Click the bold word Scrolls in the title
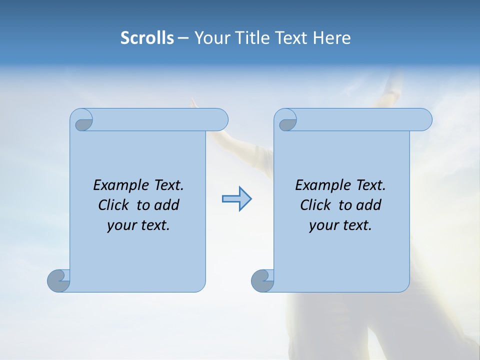point(147,38)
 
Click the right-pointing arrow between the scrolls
point(236,199)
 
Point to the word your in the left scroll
point(119,225)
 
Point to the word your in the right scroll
point(321,225)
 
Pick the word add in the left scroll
point(167,205)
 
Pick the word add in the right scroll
point(369,205)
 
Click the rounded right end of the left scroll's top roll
point(220,119)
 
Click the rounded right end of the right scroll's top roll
point(424,119)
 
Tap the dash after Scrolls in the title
point(183,38)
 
